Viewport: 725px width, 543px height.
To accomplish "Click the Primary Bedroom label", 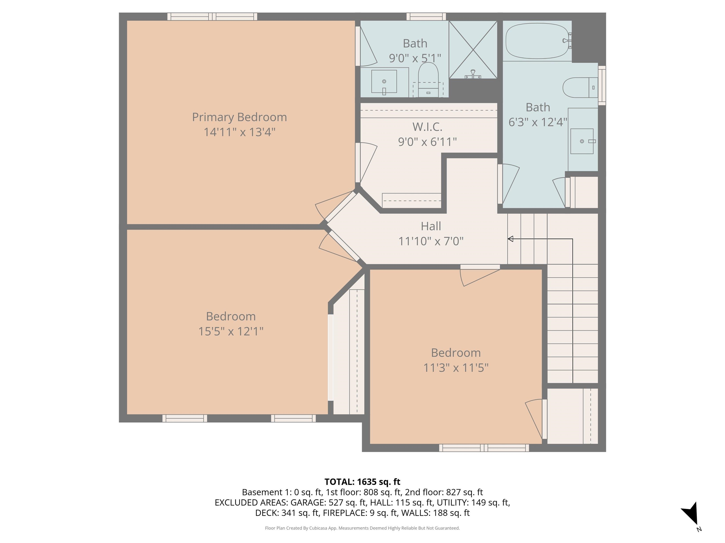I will click(239, 117).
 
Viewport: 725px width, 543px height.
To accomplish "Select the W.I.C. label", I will click(427, 127).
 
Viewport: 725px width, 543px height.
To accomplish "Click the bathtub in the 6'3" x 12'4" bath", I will click(537, 41).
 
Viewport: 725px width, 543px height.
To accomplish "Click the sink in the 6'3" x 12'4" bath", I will click(582, 141).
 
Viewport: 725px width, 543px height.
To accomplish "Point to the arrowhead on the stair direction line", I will click(510, 239).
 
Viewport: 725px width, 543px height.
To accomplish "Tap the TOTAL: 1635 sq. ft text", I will click(362, 482).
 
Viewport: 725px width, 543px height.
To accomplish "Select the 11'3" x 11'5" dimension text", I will click(455, 368).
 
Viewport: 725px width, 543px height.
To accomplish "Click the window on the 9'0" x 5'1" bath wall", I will click(426, 16).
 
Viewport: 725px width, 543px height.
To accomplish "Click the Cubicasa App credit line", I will click(362, 528).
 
